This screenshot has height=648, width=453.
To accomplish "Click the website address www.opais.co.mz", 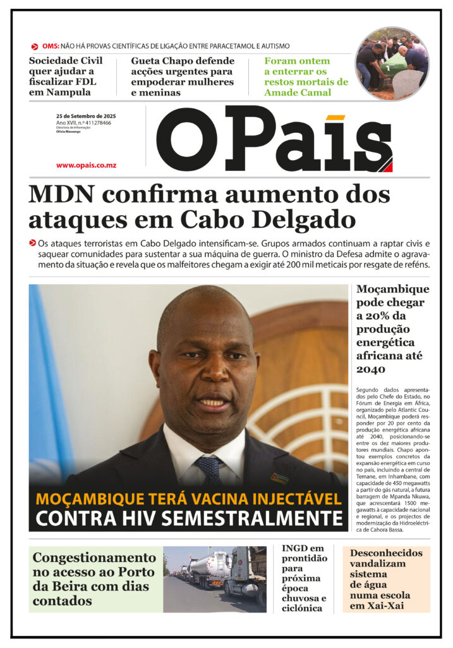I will tap(86, 165).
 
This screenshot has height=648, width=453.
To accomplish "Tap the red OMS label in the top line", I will tap(51, 46).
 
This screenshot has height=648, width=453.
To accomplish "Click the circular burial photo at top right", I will tap(392, 63).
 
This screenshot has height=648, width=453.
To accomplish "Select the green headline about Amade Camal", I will tap(306, 77).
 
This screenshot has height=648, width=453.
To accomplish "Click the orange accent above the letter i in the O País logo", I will tap(336, 117).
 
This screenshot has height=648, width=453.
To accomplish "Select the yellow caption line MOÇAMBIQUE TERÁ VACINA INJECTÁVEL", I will tap(188, 498).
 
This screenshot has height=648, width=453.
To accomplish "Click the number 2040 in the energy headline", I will tap(370, 369).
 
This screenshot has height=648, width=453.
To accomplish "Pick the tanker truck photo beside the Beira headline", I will tap(215, 579).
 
